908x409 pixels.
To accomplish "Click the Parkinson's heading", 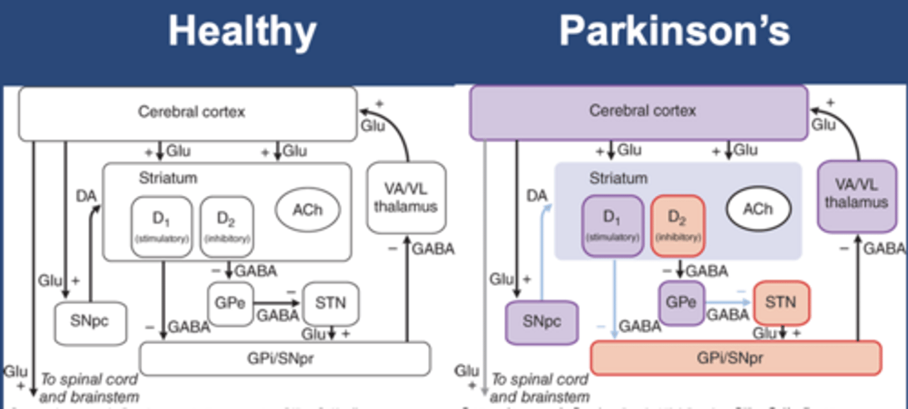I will [674, 30].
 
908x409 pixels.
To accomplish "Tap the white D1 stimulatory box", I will [161, 227].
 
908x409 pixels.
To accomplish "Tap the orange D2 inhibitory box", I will [678, 225].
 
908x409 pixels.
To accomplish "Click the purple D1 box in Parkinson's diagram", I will [612, 225].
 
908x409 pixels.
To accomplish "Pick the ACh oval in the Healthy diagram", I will [308, 209].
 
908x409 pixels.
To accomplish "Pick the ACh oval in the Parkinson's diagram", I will [758, 209].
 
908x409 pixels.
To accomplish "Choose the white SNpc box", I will [90, 323].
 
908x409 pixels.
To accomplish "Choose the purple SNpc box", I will [542, 322].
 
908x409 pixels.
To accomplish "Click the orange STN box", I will [781, 302].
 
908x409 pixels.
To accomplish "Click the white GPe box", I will [230, 304].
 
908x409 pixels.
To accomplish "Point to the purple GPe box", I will [681, 302].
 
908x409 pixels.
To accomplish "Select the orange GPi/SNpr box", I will [735, 358].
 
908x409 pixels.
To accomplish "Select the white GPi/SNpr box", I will [284, 359].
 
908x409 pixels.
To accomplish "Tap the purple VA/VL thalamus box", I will [857, 196].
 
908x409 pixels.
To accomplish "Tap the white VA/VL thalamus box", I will [406, 198].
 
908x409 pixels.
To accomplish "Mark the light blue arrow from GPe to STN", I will [729, 302].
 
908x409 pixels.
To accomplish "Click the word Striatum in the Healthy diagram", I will [168, 179].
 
